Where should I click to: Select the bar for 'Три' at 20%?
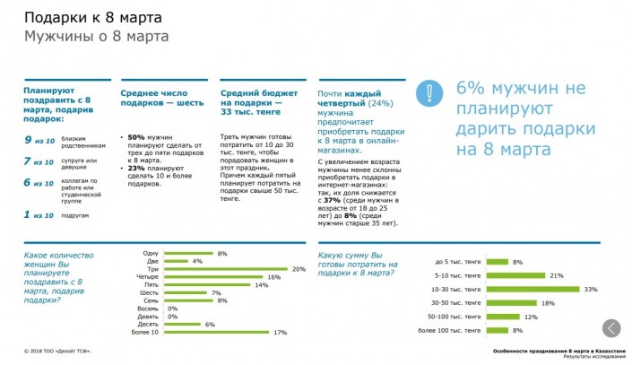[225, 269]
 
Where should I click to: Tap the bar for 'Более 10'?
[217, 333]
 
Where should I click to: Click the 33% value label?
[590, 290]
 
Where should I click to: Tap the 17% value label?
[280, 333]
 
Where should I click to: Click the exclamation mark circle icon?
[432, 93]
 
